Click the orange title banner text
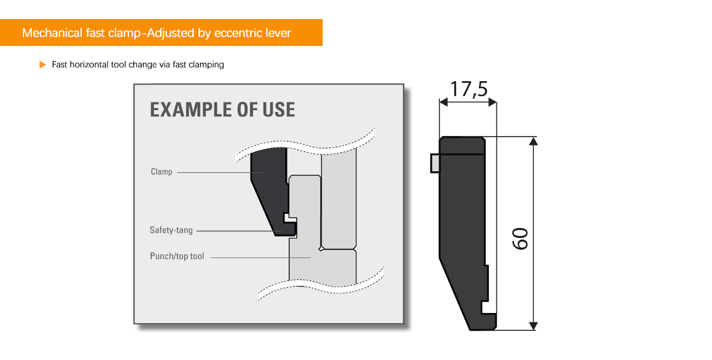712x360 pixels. pos(156,33)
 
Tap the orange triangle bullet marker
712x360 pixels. pos(43,65)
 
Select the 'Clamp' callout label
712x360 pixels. pos(161,172)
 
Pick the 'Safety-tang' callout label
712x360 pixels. pos(171,230)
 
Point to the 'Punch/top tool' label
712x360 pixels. pos(177,256)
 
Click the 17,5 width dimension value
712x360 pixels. pos(468,90)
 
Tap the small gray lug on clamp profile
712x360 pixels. pos(435,163)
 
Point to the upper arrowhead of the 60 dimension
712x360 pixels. pos(533,141)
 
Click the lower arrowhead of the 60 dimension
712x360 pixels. pos(533,326)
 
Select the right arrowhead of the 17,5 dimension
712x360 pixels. pos(492,102)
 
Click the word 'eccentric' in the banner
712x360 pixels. pos(238,33)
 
